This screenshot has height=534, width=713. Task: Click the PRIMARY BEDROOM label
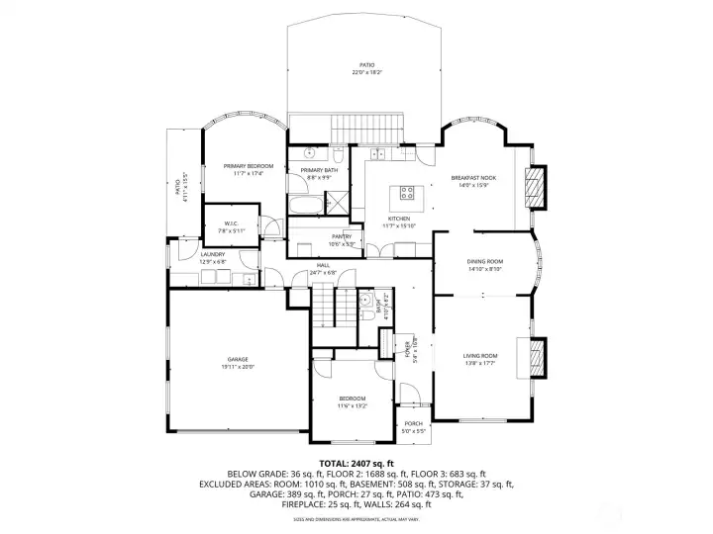pyautogui.click(x=248, y=166)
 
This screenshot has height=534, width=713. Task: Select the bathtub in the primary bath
pyautogui.click(x=306, y=206)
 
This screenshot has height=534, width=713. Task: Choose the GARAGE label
pyautogui.click(x=237, y=359)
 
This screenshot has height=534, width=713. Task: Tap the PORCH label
pyautogui.click(x=412, y=423)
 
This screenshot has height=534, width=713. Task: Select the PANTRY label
pyautogui.click(x=342, y=237)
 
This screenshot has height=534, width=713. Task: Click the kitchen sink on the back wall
pyautogui.click(x=380, y=154)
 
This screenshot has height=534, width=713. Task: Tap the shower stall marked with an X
pyautogui.click(x=337, y=203)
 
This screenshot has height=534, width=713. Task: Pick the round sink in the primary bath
pyautogui.click(x=310, y=154)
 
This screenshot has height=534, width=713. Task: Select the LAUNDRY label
pyautogui.click(x=213, y=254)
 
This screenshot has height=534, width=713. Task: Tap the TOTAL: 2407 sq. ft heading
pyautogui.click(x=356, y=463)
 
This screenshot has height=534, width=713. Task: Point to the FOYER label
pyautogui.click(x=406, y=348)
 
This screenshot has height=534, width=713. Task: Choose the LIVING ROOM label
pyautogui.click(x=480, y=356)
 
